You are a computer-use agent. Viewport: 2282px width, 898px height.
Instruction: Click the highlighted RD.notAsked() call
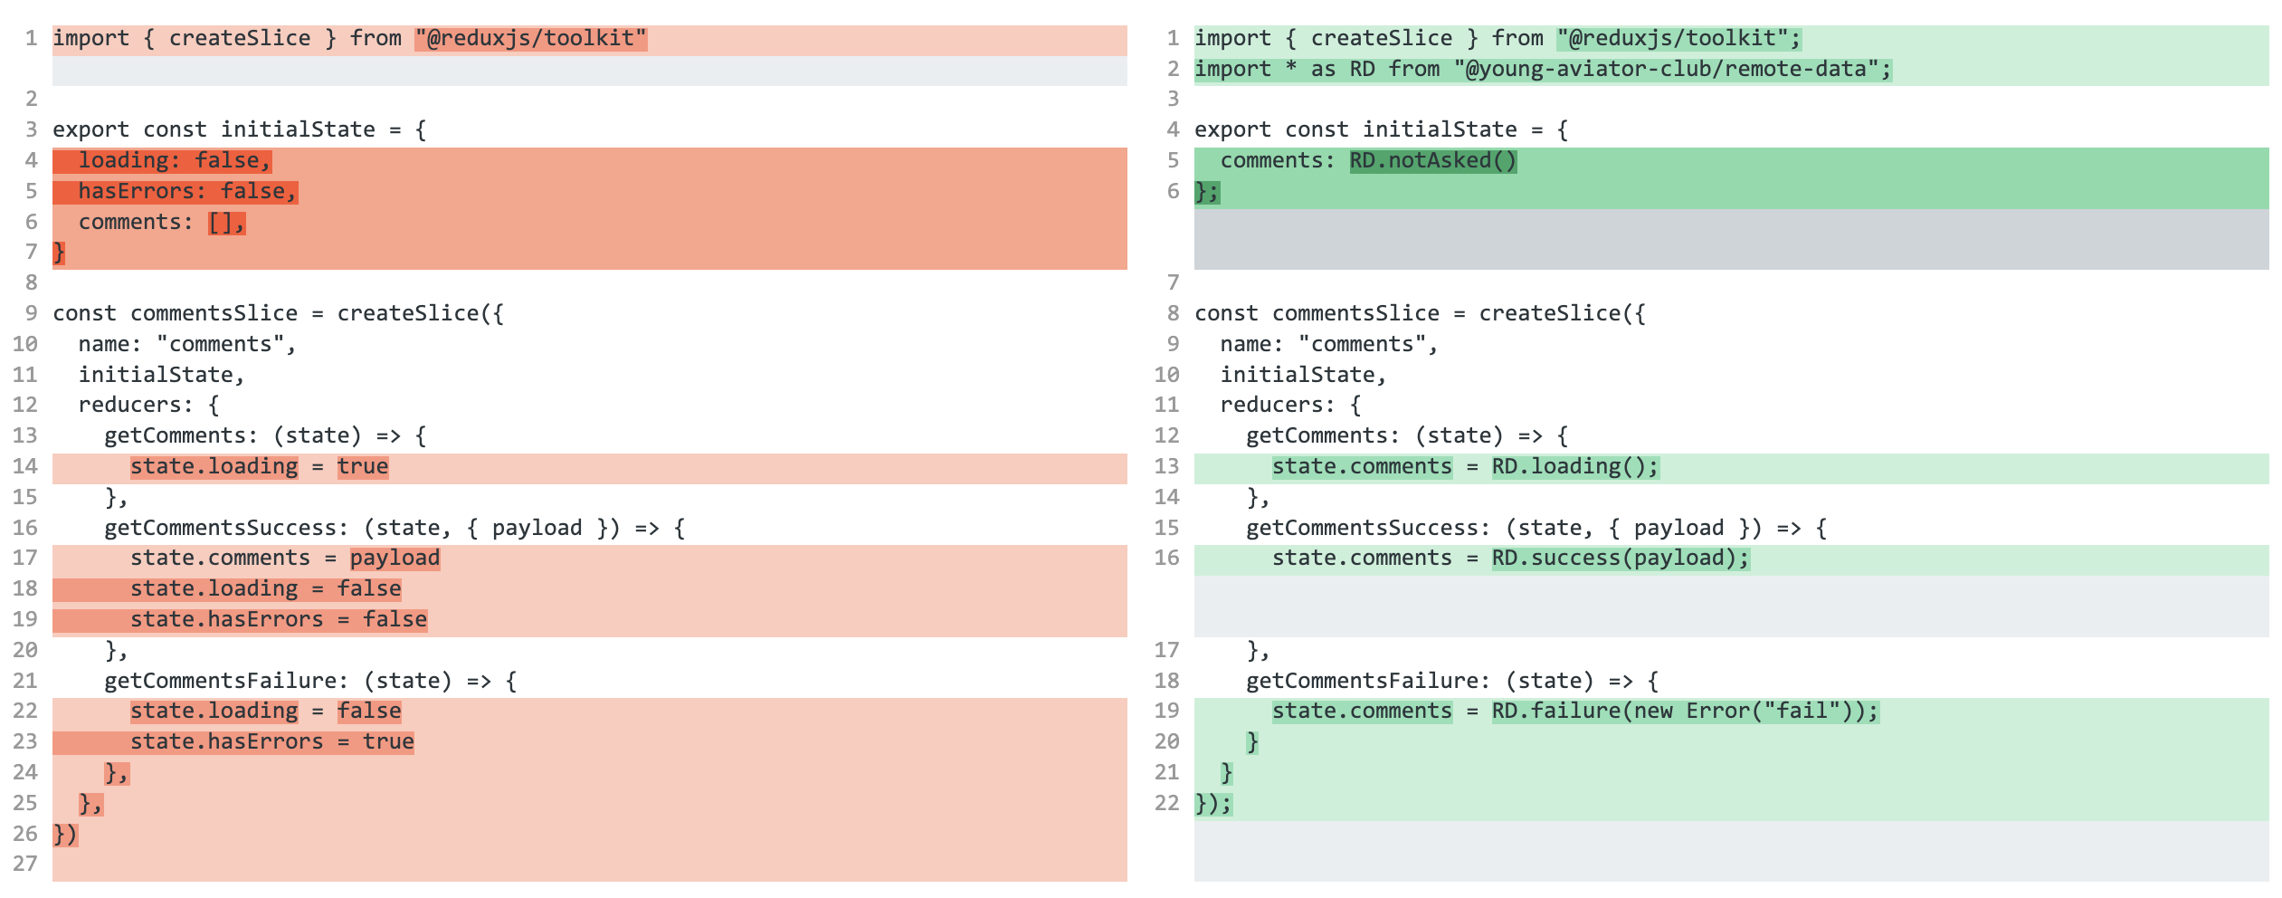tap(1432, 161)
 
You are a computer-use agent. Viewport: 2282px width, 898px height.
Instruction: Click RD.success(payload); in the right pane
tap(1620, 559)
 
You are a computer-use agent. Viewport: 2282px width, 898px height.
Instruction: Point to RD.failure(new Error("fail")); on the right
tap(1685, 712)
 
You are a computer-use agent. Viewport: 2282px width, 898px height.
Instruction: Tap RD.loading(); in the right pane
tap(1574, 467)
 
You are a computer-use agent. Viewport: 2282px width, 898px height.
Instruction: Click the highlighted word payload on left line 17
tap(395, 559)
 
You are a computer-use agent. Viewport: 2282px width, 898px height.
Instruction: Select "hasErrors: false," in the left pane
tap(186, 192)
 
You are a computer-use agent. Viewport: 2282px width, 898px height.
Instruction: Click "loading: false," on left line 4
tap(174, 161)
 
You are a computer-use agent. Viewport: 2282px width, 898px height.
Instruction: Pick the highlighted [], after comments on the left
tap(226, 223)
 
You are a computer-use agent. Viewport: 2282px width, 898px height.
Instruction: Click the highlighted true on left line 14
tap(363, 467)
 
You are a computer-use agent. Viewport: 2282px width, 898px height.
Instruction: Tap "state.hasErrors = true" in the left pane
tap(271, 742)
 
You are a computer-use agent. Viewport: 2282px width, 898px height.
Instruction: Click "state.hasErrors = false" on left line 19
tap(278, 620)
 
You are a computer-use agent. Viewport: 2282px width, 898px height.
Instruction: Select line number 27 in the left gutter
tap(25, 865)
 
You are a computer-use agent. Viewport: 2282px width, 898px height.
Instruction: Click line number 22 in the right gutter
tap(1167, 803)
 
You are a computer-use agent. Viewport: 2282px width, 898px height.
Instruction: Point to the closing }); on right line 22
tap(1213, 804)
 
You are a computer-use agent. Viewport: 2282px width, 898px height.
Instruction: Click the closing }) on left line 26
tap(65, 835)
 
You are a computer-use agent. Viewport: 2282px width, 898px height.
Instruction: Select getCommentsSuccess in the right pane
tap(1362, 528)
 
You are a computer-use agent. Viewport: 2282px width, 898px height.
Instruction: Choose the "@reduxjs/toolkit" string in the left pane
tap(530, 39)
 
